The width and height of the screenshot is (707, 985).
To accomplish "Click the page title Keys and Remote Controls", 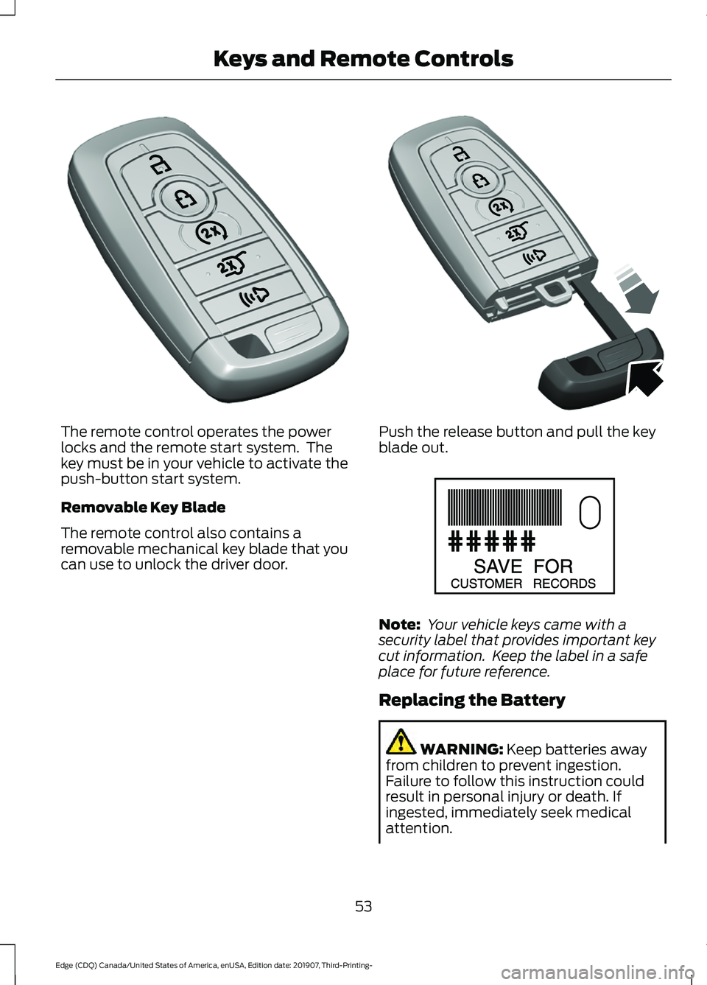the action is click(363, 59).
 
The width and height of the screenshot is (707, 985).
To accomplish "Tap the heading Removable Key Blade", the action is click(143, 508).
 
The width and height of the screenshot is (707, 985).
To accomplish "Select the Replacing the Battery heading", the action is click(471, 701).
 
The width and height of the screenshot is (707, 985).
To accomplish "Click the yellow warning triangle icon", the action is click(401, 742).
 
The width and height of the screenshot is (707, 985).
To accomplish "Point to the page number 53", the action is click(364, 906).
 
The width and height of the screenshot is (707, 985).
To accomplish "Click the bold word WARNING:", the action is click(462, 750).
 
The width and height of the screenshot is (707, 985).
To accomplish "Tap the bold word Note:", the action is click(399, 625).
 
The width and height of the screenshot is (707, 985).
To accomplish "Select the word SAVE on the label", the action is click(498, 567).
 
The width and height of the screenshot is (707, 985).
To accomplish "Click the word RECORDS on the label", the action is click(564, 583).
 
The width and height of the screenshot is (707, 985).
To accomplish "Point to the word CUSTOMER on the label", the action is click(486, 583).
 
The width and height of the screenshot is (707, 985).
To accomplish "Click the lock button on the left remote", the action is click(184, 197).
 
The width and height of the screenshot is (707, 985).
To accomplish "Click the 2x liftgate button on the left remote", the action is click(232, 264).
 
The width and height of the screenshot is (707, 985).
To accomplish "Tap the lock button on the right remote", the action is click(480, 180).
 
